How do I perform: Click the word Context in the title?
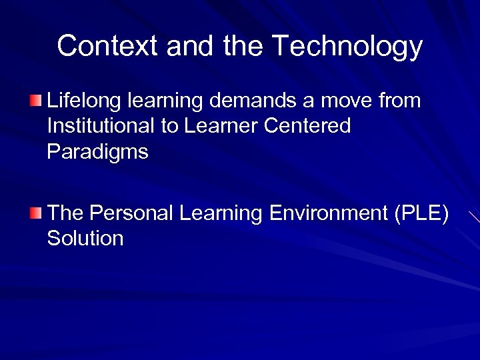[x=108, y=46]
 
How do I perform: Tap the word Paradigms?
[x=97, y=152]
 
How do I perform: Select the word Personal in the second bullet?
[x=131, y=213]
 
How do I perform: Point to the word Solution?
[x=85, y=238]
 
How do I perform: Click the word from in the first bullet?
[x=399, y=101]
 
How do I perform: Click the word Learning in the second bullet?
[x=221, y=215]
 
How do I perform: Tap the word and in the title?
[x=189, y=46]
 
